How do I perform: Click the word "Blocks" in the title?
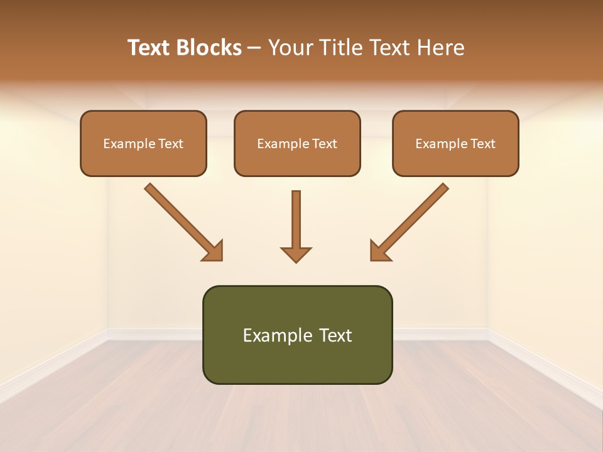209,48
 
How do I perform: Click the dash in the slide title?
254,48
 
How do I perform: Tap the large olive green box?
297,361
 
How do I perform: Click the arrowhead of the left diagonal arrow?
214,251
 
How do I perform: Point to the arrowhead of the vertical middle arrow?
296,254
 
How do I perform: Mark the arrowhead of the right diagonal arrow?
379,251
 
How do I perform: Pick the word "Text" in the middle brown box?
325,144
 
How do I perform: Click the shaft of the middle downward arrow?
296,217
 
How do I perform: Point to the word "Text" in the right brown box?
483,144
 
